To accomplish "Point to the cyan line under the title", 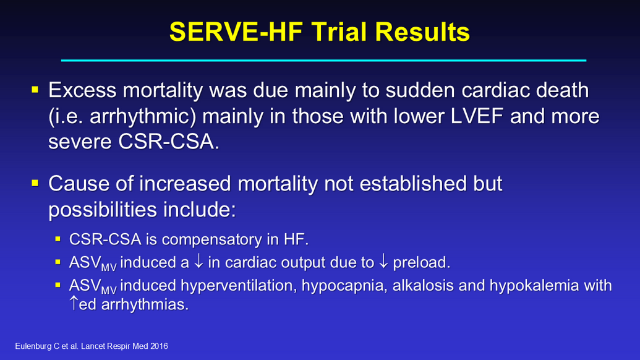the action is point(323,61).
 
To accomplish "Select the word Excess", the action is point(82,90).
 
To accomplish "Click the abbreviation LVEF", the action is point(477,116).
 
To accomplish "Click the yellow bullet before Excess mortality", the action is point(35,90).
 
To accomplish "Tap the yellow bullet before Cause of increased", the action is point(35,183).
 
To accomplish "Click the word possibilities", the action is point(103,210).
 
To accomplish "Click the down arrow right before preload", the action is point(383,261).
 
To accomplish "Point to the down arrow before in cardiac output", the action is point(198,261).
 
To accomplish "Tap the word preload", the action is point(422,262).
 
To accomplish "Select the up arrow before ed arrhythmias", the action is point(74,302).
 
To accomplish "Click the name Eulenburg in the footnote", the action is point(33,346).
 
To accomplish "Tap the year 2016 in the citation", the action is point(159,346).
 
